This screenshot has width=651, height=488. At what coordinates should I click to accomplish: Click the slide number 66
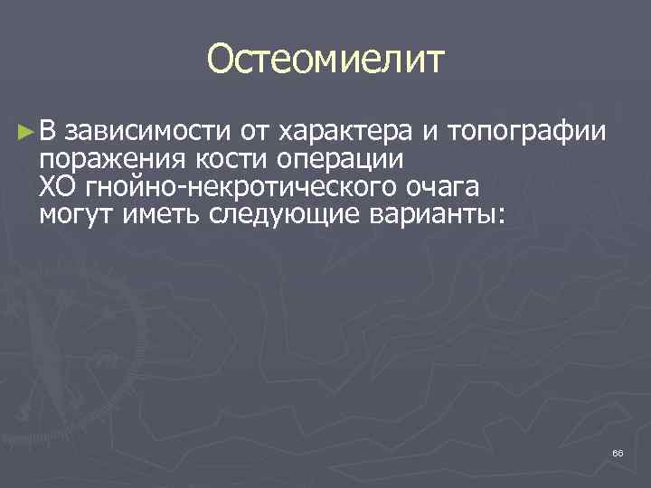coord(618,452)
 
